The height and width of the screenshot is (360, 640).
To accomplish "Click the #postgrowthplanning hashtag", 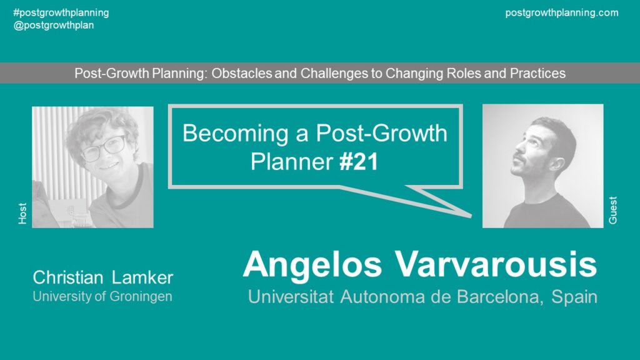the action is tap(61, 12).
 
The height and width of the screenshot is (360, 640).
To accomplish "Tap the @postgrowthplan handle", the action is tap(54, 25).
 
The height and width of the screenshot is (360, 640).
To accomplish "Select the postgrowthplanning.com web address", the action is tap(562, 12).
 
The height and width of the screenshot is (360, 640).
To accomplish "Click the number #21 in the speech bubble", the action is tap(359, 162).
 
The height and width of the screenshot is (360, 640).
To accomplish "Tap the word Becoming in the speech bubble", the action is tap(236, 134).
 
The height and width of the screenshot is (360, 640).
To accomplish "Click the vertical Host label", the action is tap(22, 213).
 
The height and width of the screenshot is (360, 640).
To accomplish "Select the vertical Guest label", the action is tap(612, 210).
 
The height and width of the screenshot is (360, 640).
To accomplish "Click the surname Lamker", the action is tap(142, 277).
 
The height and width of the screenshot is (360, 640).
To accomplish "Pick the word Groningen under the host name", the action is tap(141, 297).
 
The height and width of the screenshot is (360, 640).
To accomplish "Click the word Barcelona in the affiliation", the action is tap(500, 297).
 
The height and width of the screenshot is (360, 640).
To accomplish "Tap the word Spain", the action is tap(574, 297).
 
